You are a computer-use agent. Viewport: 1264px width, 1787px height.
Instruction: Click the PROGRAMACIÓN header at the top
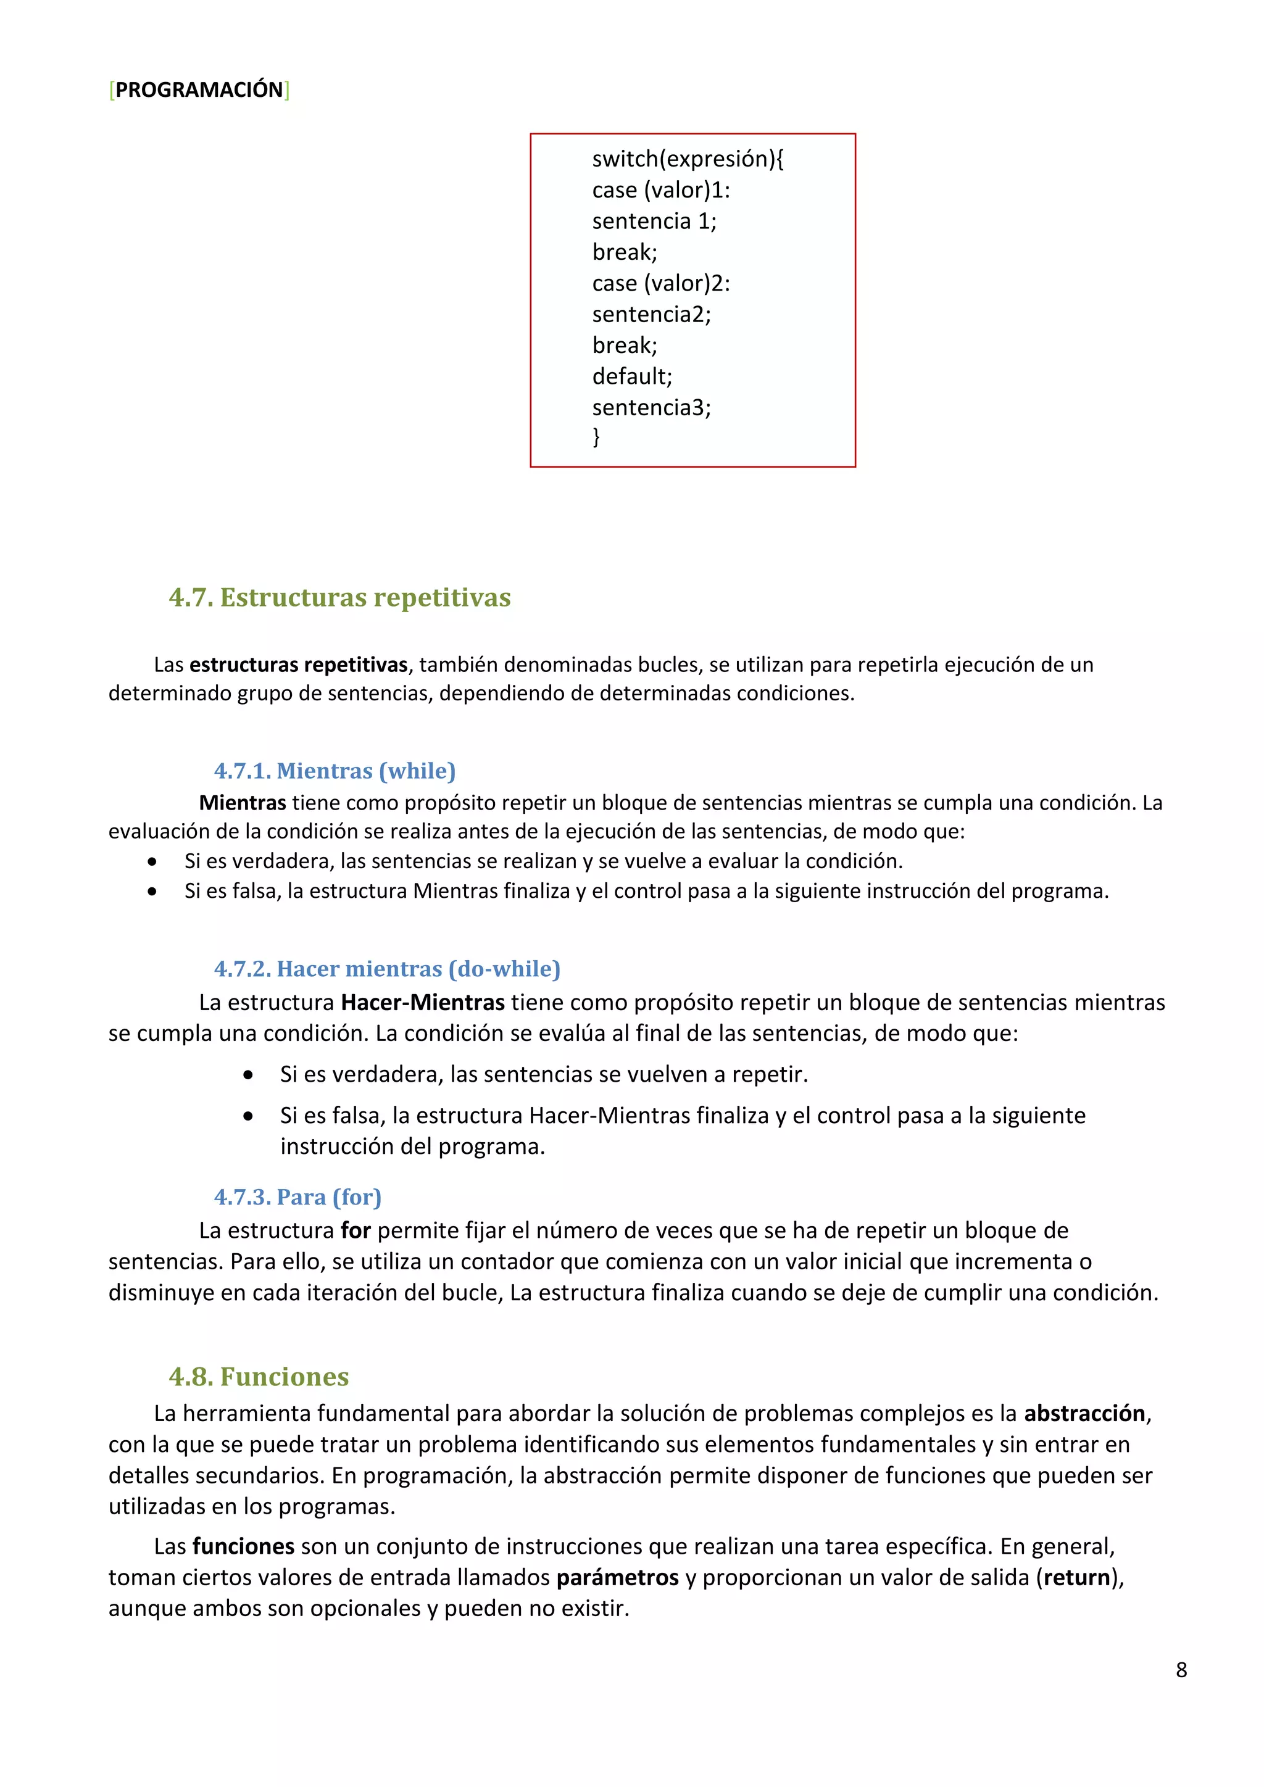click(199, 90)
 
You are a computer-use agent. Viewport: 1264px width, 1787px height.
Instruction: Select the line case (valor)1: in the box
click(661, 191)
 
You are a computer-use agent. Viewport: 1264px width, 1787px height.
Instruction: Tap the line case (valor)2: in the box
click(661, 283)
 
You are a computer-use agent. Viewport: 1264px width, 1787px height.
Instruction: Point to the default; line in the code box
click(632, 376)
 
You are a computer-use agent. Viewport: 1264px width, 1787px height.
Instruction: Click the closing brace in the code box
click(596, 437)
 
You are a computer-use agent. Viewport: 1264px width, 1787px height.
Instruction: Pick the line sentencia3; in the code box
click(652, 408)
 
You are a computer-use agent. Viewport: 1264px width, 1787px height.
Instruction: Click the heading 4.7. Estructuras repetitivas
click(339, 598)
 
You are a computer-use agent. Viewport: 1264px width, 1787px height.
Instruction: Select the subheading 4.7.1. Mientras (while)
click(335, 771)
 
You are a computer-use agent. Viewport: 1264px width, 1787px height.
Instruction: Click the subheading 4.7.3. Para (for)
click(297, 1197)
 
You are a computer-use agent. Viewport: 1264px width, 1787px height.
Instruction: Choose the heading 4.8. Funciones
click(259, 1376)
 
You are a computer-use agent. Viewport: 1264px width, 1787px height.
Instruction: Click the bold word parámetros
click(617, 1578)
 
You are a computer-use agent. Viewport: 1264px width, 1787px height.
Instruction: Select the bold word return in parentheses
click(1077, 1578)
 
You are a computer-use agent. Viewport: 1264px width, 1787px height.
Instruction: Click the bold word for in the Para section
click(355, 1230)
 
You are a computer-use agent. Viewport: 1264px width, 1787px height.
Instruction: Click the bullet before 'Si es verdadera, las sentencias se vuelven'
click(247, 1076)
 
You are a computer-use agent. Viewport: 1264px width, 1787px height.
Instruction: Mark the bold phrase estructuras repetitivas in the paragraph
click(298, 665)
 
